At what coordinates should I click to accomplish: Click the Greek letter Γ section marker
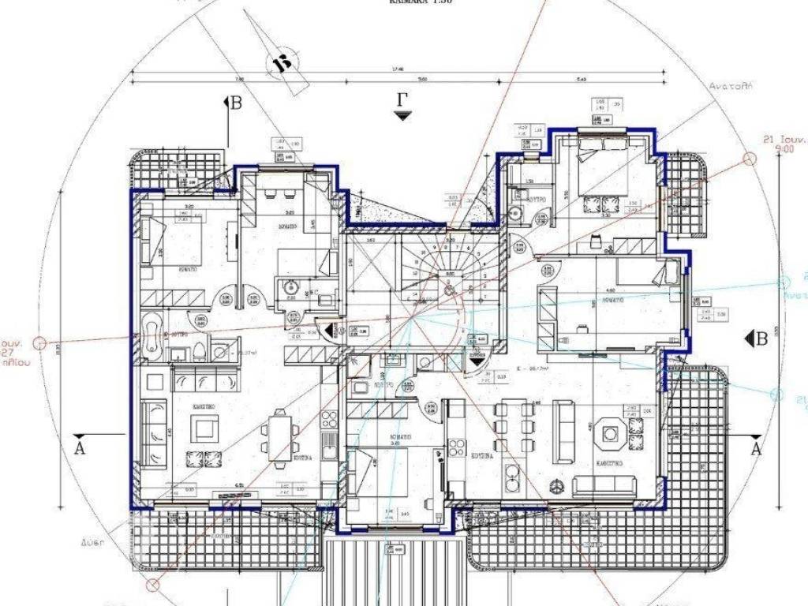click(402, 100)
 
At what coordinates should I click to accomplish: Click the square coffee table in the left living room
click(204, 428)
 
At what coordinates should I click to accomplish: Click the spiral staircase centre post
click(449, 290)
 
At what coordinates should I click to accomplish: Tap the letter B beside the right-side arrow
click(761, 339)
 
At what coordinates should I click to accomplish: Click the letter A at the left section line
click(78, 448)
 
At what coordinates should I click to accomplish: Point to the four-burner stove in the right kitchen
click(457, 447)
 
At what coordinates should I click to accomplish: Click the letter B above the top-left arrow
click(235, 102)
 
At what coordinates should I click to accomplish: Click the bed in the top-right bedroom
click(603, 182)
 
